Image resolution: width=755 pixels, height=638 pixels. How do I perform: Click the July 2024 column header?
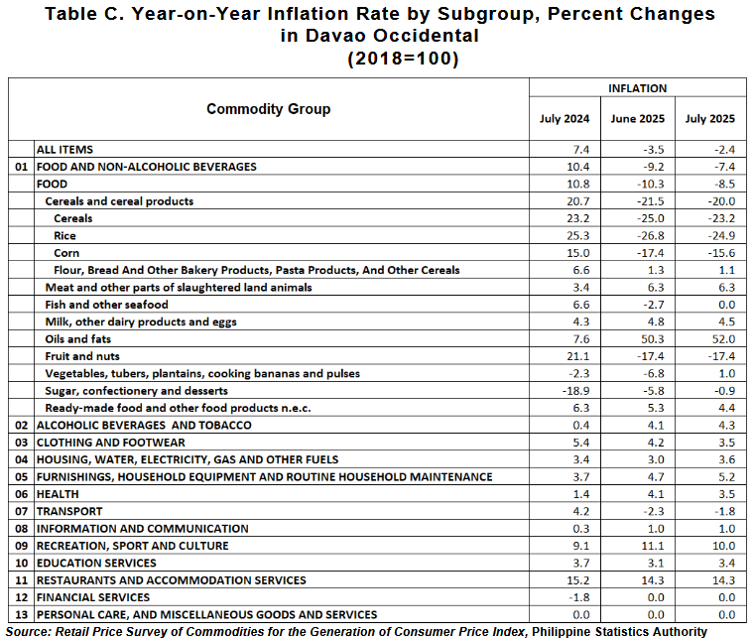pyautogui.click(x=565, y=119)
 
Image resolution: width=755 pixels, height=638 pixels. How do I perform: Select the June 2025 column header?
pyautogui.click(x=638, y=119)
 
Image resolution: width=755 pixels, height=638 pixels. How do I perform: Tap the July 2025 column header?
pyautogui.click(x=710, y=119)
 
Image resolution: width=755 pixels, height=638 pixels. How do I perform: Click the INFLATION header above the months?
pyautogui.click(x=638, y=88)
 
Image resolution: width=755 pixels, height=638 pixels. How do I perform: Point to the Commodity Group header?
pyautogui.click(x=269, y=109)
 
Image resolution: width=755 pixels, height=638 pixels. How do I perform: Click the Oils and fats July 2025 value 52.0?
pyautogui.click(x=723, y=339)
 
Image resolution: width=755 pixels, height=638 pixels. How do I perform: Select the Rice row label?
pyautogui.click(x=65, y=236)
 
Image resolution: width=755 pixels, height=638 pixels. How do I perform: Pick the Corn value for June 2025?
pyautogui.click(x=652, y=253)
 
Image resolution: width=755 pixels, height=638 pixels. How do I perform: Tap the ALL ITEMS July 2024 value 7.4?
pyautogui.click(x=581, y=150)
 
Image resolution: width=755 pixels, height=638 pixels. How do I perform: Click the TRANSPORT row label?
pyautogui.click(x=69, y=511)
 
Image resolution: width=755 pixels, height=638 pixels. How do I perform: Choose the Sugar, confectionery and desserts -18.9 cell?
pyautogui.click(x=575, y=391)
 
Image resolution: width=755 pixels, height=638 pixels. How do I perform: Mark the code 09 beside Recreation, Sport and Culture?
pyautogui.click(x=21, y=546)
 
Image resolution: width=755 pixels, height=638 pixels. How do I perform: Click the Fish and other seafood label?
pyautogui.click(x=106, y=305)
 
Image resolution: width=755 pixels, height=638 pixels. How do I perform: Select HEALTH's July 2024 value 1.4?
pyautogui.click(x=581, y=494)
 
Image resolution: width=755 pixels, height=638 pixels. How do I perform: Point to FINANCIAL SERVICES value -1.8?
pyautogui.click(x=578, y=597)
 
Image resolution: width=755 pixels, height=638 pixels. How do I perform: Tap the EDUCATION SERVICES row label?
pyautogui.click(x=96, y=563)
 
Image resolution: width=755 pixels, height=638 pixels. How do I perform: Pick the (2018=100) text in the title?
pyautogui.click(x=403, y=59)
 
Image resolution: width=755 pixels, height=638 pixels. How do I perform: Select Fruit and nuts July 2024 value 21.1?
pyautogui.click(x=578, y=356)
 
